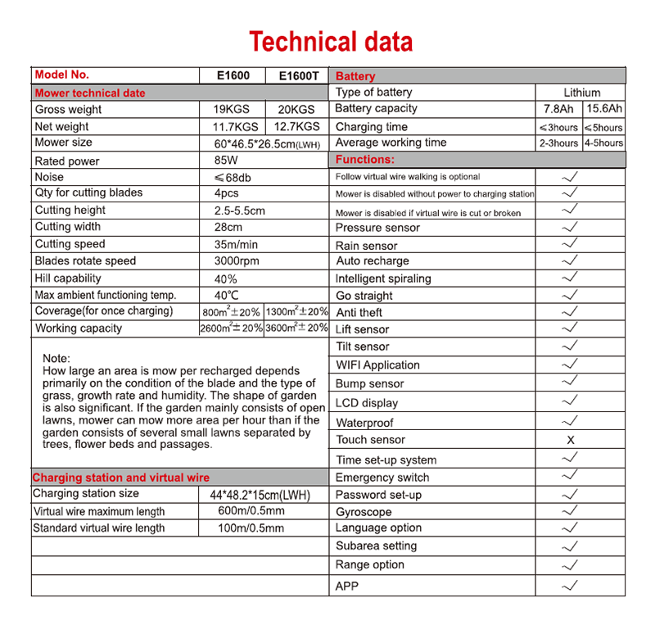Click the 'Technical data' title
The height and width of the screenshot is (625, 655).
point(331,41)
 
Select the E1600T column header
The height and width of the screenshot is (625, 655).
point(298,75)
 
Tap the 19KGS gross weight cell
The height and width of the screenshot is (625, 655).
point(233,110)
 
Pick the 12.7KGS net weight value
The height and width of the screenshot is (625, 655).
point(298,127)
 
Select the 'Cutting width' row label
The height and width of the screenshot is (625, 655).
point(68,227)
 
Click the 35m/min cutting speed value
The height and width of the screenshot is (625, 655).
point(237,244)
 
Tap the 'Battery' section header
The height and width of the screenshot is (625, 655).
point(356,76)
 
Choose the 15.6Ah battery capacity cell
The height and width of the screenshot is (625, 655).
point(603,109)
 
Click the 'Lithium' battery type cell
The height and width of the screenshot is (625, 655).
point(581,93)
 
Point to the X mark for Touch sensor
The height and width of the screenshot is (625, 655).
point(571,440)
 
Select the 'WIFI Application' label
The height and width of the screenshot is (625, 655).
point(377,365)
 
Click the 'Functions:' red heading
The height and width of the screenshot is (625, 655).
point(365,160)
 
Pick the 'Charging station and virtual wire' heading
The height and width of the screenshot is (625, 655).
point(121,478)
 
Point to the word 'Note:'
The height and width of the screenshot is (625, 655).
point(56,359)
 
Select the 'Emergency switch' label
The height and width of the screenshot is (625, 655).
point(382,478)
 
